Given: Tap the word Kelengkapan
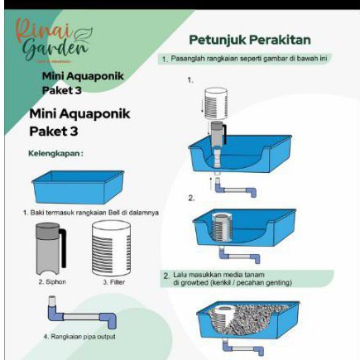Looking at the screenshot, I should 55,153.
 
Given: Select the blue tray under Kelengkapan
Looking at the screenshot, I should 78,188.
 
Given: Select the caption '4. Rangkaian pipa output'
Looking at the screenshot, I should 79,337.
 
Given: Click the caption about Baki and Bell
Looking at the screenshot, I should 91,213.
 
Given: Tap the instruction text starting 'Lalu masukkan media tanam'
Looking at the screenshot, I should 233,278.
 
